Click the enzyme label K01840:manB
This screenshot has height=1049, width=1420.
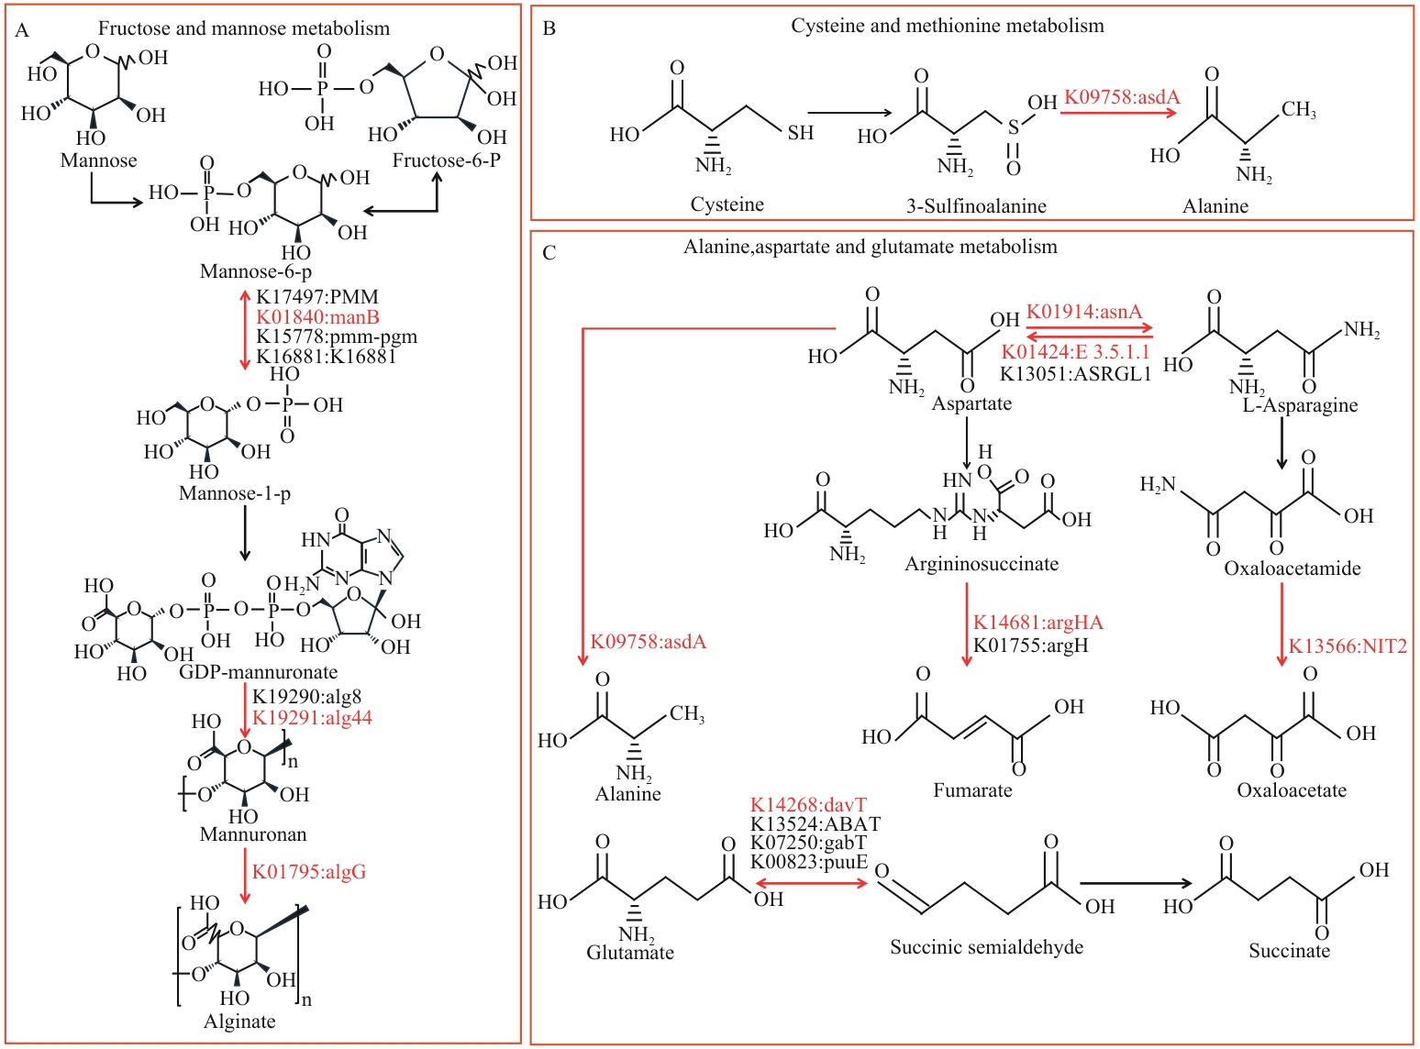(317, 317)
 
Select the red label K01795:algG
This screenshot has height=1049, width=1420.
(309, 871)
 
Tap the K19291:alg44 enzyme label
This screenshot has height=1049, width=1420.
(312, 717)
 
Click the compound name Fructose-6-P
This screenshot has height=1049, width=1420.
(447, 160)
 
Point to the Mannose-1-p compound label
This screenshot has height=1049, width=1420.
(235, 493)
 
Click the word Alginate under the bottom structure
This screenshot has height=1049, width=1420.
(239, 1021)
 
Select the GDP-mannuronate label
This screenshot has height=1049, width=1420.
(259, 672)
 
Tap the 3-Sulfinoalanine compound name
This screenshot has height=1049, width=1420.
(976, 206)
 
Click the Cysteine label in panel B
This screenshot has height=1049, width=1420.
(727, 204)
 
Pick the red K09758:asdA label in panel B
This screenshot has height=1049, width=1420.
(1122, 97)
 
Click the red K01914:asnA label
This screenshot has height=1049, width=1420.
(1084, 312)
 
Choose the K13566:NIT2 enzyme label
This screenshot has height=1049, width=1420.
(1348, 646)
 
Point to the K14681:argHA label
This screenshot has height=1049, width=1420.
(1038, 623)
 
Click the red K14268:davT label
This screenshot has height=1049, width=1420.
(808, 805)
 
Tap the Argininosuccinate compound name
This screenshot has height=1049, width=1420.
(982, 564)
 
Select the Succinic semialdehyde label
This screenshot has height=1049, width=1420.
(986, 947)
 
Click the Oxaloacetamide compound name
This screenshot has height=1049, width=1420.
(1292, 569)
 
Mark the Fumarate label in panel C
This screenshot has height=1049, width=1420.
(972, 790)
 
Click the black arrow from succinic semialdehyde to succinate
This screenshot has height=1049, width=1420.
(1136, 884)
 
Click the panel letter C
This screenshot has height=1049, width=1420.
(549, 252)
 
